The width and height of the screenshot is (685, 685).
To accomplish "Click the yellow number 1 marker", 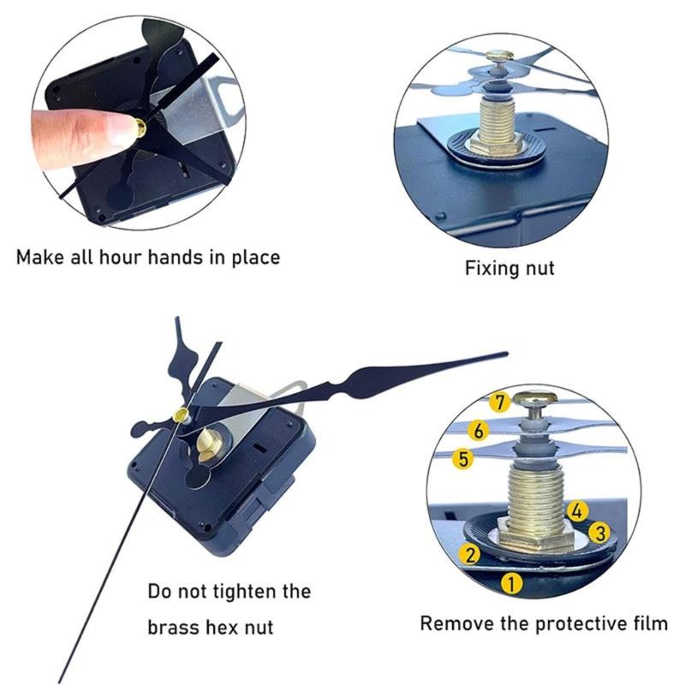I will (511, 585).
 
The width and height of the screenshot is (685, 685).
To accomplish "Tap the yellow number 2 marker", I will (469, 553).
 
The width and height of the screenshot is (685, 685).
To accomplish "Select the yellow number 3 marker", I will (600, 533).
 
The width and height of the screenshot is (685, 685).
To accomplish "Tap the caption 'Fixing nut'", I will (509, 268).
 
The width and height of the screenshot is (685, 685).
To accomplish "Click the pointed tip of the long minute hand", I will (505, 354).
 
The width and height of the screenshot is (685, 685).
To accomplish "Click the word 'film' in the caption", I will (648, 622).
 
